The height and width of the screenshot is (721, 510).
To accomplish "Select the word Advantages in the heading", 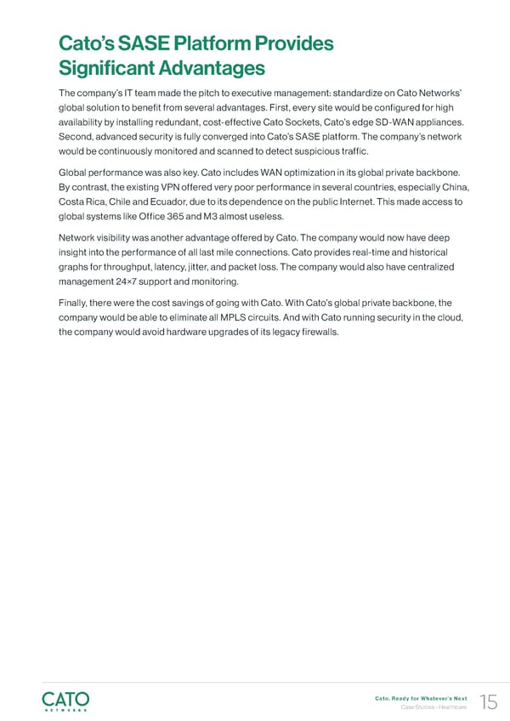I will click(210, 68).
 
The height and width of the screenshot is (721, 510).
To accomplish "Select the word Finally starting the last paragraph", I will click(75, 301).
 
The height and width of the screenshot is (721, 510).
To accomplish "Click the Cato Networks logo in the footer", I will click(65, 699).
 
